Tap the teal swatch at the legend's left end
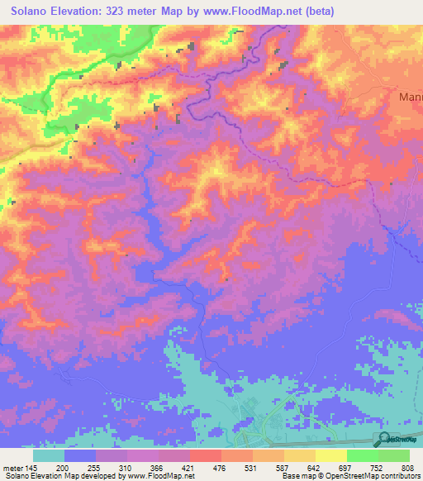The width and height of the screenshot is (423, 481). pyautogui.click(x=49, y=455)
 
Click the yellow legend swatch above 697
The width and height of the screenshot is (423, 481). pyautogui.click(x=330, y=455)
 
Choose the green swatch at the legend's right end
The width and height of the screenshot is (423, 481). pyautogui.click(x=394, y=455)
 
